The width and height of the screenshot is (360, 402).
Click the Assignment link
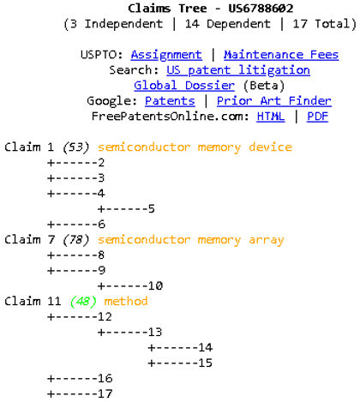pyautogui.click(x=166, y=55)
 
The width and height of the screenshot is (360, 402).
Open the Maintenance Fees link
pyautogui.click(x=281, y=54)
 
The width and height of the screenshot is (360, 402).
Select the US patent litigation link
pyautogui.click(x=238, y=70)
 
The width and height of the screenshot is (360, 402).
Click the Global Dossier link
pyautogui.click(x=184, y=86)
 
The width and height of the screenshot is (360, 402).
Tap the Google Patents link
pyautogui.click(x=170, y=101)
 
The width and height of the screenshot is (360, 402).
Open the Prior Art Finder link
pyautogui.click(x=274, y=101)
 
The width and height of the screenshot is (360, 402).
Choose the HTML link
pyautogui.click(x=271, y=117)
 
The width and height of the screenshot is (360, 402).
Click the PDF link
pyautogui.click(x=317, y=117)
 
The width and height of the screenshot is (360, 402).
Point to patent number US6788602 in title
pyautogui.click(x=261, y=9)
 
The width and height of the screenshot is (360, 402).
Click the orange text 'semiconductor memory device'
pyautogui.click(x=195, y=147)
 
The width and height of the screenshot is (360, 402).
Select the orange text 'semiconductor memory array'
pyautogui.click(x=191, y=240)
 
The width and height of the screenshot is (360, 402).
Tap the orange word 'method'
pyautogui.click(x=126, y=301)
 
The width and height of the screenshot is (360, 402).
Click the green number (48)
pyautogui.click(x=83, y=302)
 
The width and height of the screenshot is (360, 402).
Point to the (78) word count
pyautogui.click(x=76, y=240)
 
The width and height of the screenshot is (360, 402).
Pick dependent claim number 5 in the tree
pyautogui.click(x=152, y=209)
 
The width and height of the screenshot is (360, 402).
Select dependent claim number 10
pyautogui.click(x=155, y=286)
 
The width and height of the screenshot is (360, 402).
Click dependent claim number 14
pyautogui.click(x=206, y=347)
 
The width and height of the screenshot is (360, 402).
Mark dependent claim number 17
pyautogui.click(x=105, y=393)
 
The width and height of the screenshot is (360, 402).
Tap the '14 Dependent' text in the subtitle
pyautogui.click(x=227, y=24)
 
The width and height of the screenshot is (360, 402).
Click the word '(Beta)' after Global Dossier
pyautogui.click(x=264, y=86)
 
